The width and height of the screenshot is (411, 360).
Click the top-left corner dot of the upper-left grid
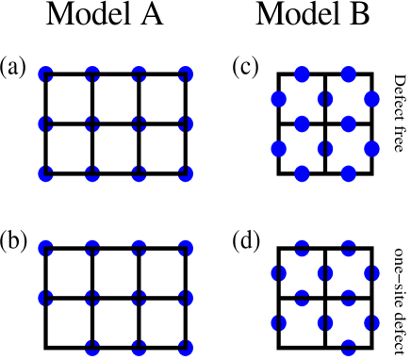coord(45,74)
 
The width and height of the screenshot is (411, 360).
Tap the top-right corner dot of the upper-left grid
coord(186,74)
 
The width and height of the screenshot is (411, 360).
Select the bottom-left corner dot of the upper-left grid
coord(45,173)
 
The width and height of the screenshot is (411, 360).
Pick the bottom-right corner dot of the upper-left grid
coord(186,173)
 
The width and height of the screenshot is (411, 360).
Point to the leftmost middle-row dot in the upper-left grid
coord(45,123)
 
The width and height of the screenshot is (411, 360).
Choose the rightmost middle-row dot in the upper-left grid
coord(186,123)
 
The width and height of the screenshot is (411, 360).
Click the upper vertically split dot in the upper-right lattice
coord(325,99)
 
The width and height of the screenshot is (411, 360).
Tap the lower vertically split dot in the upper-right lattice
coord(325,149)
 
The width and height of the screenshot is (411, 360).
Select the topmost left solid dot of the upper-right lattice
coord(302,74)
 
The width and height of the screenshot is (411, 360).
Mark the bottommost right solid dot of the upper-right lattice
coord(349,173)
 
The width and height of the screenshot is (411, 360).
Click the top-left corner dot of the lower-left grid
coord(45,248)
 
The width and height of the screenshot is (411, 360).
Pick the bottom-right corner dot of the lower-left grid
coord(186,347)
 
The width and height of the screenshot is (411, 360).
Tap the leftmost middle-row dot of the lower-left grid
coord(45,298)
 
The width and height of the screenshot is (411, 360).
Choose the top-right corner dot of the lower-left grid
coord(186,248)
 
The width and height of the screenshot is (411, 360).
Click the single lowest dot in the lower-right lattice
coord(349,347)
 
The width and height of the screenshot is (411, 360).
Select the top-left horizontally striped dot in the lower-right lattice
coord(302,248)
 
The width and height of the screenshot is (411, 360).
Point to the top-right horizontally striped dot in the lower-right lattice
coord(349,248)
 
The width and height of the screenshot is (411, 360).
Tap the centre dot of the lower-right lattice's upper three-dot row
coord(325,273)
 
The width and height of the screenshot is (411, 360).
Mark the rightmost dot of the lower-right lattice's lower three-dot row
coord(372,322)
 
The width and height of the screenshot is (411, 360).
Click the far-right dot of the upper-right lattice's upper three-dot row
coord(372,99)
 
